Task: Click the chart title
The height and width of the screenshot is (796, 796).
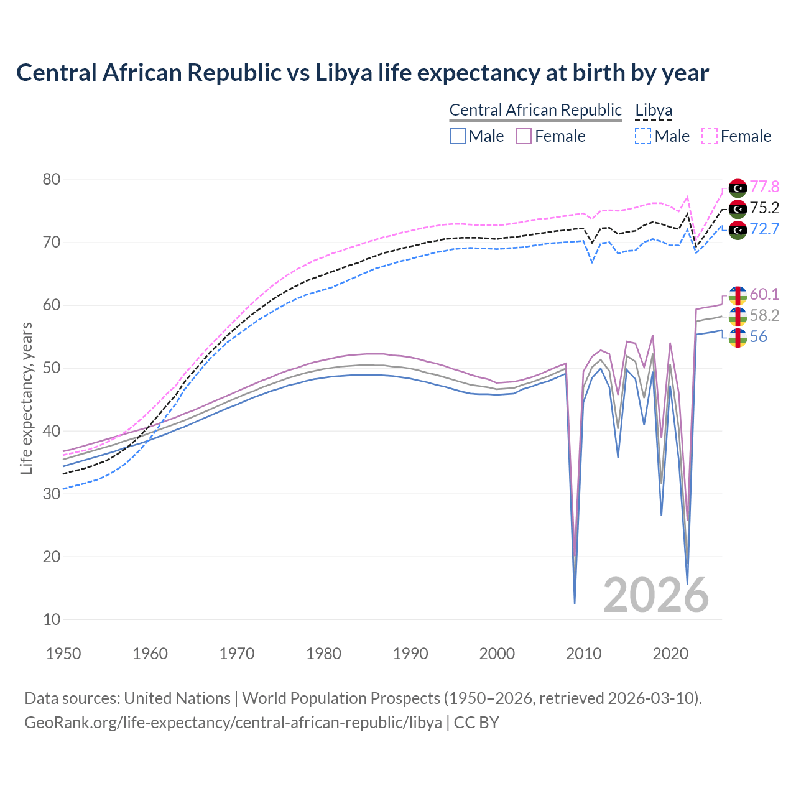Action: click(363, 73)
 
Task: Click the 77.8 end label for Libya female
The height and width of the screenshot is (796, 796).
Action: click(764, 187)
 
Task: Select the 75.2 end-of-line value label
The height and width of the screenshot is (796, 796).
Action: click(764, 208)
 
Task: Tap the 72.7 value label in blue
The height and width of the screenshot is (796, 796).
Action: click(764, 229)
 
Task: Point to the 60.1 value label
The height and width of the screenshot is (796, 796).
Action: click(764, 294)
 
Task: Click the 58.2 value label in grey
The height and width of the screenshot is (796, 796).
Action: click(764, 315)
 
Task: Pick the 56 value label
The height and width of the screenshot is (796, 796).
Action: click(758, 336)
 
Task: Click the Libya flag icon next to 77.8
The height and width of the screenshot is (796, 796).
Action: click(738, 187)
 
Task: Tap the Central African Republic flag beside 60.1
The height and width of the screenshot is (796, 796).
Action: click(738, 295)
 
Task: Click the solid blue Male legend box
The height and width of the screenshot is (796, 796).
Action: click(458, 136)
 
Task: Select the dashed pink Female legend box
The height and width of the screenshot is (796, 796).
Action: click(710, 136)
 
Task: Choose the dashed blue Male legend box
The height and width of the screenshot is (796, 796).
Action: click(643, 136)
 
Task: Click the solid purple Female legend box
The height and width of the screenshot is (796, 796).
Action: click(524, 136)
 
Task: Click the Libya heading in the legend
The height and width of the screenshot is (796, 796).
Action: click(654, 110)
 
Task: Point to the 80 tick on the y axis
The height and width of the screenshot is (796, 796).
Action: click(52, 180)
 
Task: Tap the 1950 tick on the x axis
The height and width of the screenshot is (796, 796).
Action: click(63, 654)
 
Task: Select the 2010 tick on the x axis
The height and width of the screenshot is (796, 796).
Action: click(583, 654)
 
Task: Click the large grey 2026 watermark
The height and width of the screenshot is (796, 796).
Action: click(656, 595)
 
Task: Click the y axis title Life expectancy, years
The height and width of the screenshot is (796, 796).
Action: click(26, 398)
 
